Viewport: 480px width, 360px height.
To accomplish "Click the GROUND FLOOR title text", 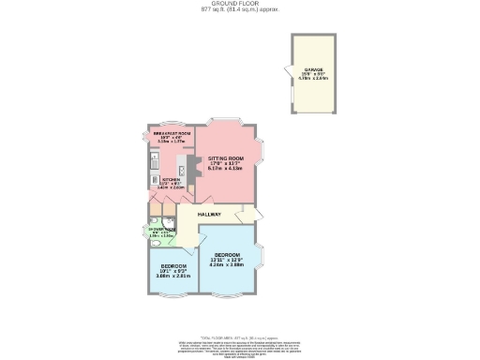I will [x=240, y=4].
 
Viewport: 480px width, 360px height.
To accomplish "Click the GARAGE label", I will [x=314, y=68].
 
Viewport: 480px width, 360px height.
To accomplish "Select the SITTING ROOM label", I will [x=225, y=158].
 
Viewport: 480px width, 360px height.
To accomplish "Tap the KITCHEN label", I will [x=170, y=178].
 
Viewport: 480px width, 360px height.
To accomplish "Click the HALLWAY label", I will [x=222, y=215].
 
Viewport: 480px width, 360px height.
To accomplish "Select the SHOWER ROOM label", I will [x=157, y=229].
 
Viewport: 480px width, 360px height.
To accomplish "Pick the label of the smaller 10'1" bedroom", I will [x=172, y=266].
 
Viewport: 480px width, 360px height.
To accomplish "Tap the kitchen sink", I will [x=152, y=170].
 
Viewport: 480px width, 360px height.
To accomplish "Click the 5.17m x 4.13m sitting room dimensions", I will [x=225, y=170].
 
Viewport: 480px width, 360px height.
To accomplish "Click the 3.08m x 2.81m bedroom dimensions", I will [x=172, y=277].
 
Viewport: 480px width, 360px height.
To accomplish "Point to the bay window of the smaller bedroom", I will [x=170, y=298].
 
